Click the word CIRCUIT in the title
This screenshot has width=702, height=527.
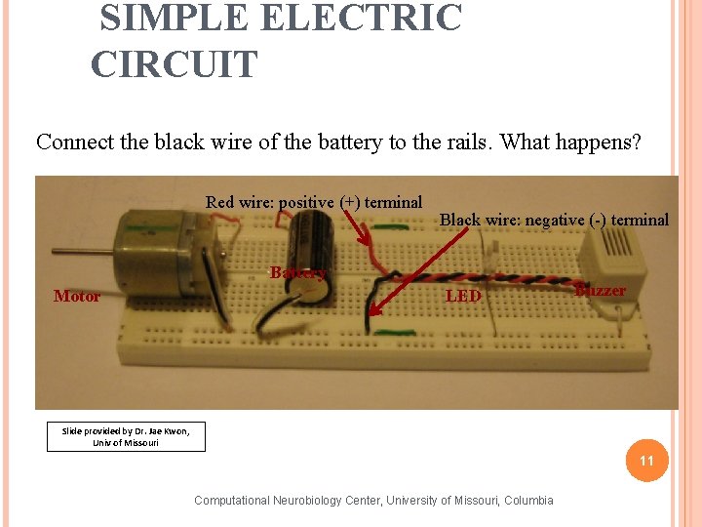coord(175,64)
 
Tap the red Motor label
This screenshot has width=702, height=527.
coord(77,296)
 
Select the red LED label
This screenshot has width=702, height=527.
coord(463,296)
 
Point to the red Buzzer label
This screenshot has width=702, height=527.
coord(601,291)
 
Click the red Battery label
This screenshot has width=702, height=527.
coord(297,272)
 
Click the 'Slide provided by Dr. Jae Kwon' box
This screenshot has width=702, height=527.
coord(126,436)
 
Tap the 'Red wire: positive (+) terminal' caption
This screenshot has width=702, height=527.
coord(314,202)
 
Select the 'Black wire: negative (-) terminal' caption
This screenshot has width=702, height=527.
coord(554,220)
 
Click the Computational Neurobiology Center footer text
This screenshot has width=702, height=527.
coord(373,501)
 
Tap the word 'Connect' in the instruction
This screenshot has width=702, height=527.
coord(74,142)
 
